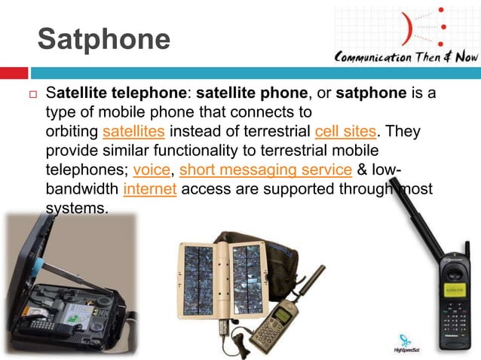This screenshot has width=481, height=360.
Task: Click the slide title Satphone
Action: click(104, 40)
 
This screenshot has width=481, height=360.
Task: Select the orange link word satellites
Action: click(133, 133)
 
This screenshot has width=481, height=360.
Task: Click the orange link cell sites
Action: click(343, 133)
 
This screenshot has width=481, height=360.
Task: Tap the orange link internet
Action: click(149, 188)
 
